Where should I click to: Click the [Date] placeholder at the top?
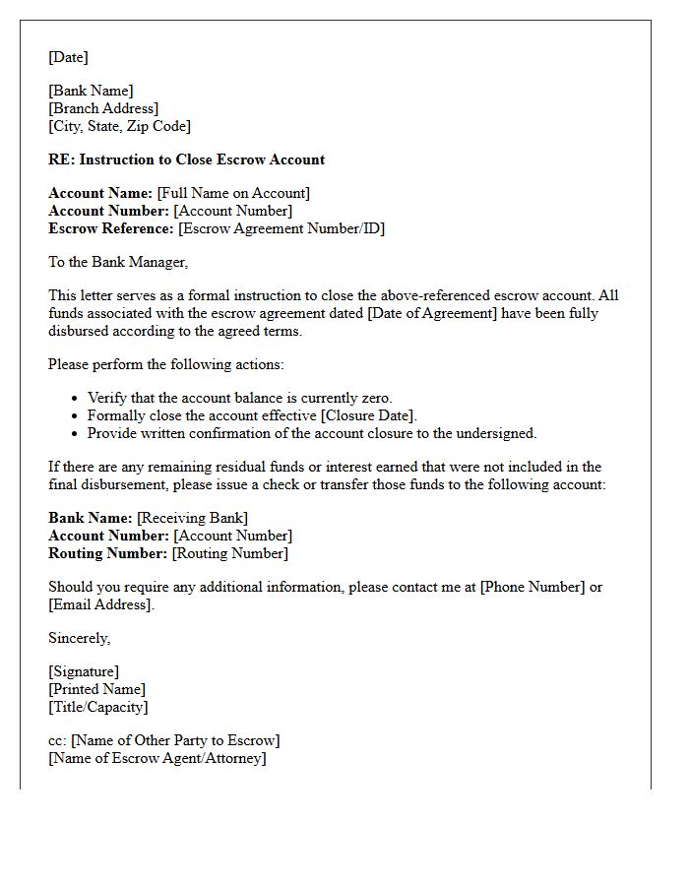[68, 57]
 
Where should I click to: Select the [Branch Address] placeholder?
[103, 108]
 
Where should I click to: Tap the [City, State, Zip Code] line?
[119, 126]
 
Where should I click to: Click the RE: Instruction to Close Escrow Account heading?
[186, 159]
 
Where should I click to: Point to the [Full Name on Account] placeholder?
[233, 193]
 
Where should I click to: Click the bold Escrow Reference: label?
[111, 228]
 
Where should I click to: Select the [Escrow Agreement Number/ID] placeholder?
[282, 228]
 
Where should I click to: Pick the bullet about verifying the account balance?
[239, 398]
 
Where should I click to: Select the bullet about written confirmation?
[311, 433]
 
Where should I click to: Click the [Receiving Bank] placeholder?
[192, 518]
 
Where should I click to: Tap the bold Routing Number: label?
[108, 553]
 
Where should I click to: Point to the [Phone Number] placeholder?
[531, 587]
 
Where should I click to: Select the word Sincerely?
[79, 638]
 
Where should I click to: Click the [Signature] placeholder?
[84, 671]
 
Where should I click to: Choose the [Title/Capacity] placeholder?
[97, 707]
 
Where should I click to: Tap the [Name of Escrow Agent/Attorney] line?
[157, 758]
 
